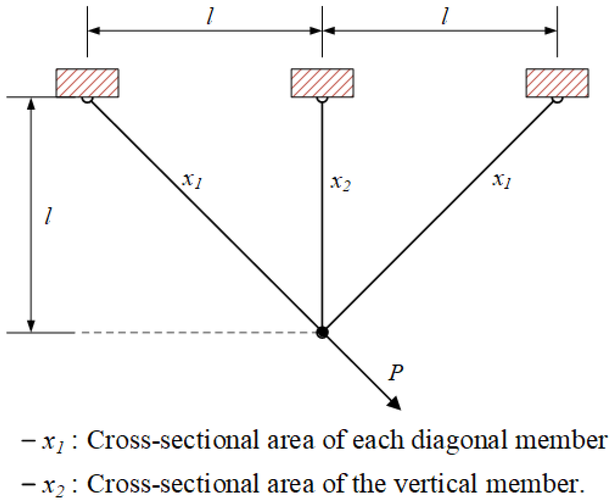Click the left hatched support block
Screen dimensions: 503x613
tap(87, 83)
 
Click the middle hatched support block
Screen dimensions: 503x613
tap(322, 83)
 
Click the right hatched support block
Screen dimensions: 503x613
tap(557, 83)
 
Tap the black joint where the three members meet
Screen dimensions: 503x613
tap(322, 332)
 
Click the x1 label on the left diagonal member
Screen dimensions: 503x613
tap(192, 180)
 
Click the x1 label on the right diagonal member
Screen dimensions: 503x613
tap(502, 180)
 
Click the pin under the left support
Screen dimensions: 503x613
tap(87, 99)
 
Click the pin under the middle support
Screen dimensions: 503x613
tap(322, 99)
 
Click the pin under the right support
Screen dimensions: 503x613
tap(557, 99)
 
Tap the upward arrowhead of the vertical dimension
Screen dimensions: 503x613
tap(31, 104)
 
